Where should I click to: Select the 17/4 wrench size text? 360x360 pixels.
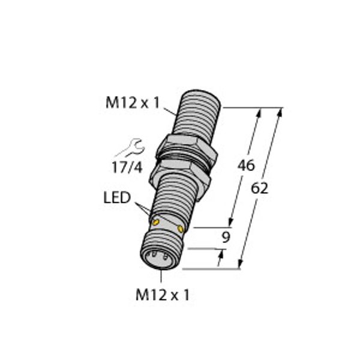[x=127, y=169]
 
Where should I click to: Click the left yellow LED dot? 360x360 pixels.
[x=156, y=223]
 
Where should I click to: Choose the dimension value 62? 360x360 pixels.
[x=259, y=187]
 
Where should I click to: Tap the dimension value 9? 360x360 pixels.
[x=226, y=237]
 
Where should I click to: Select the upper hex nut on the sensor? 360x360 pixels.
[x=178, y=149]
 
